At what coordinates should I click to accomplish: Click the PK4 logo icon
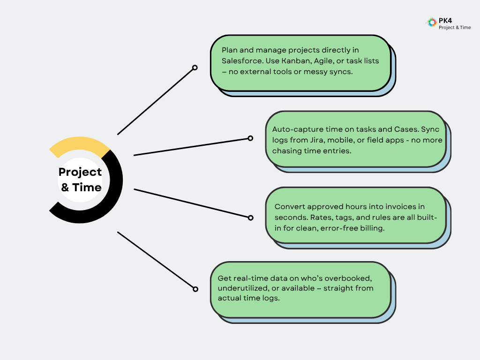point(431,22)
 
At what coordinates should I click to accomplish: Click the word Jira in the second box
point(323,140)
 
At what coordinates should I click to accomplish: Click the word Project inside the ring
point(80,172)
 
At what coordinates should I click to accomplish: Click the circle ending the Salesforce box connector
point(195,68)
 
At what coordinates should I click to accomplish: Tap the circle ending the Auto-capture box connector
point(250,138)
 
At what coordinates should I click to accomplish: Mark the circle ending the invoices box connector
point(250,217)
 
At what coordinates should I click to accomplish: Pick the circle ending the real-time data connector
point(195,289)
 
